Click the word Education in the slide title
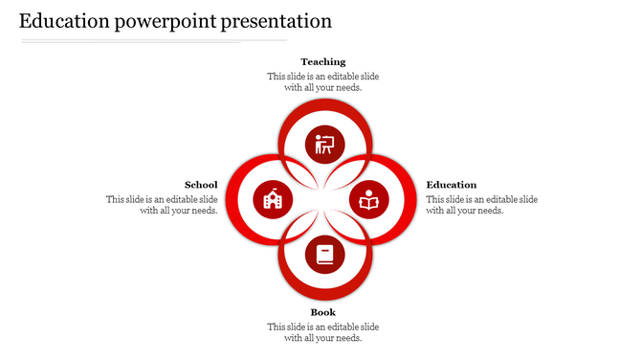pyautogui.click(x=64, y=21)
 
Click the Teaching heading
pyautogui.click(x=322, y=62)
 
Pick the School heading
pyautogui.click(x=201, y=185)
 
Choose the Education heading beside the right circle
pyautogui.click(x=452, y=185)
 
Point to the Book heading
pyautogui.click(x=322, y=312)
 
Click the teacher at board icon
pyautogui.click(x=324, y=146)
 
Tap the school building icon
pyautogui.click(x=271, y=200)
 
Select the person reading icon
pyautogui.click(x=369, y=200)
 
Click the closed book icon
pyautogui.click(x=324, y=256)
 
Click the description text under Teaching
pyautogui.click(x=322, y=81)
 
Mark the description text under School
pyautogui.click(x=162, y=205)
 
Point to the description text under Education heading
pyautogui.click(x=481, y=205)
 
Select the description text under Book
pyautogui.click(x=322, y=332)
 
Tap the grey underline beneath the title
pyautogui.click(x=153, y=41)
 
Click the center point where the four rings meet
pyautogui.click(x=322, y=200)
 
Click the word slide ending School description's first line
pyautogui.click(x=208, y=199)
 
